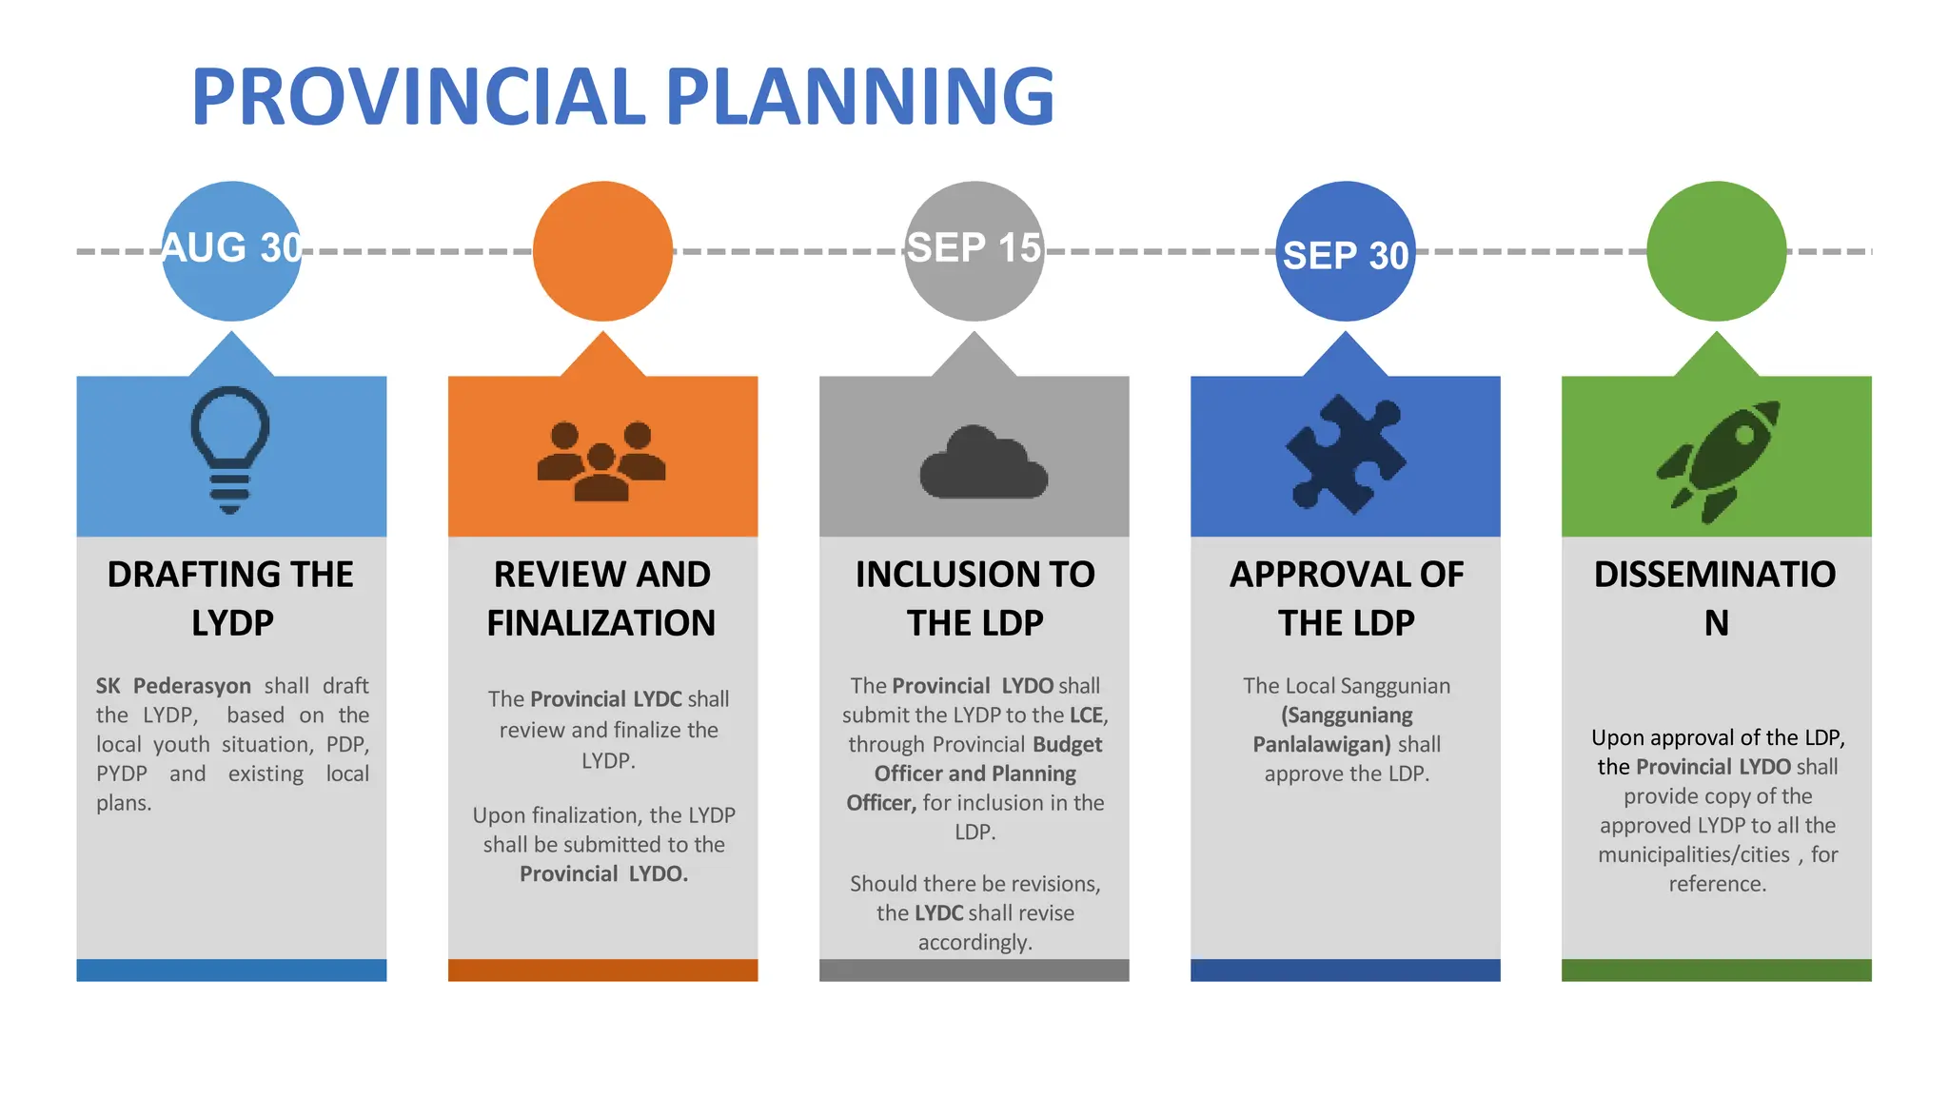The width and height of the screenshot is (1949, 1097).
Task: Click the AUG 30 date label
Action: click(x=231, y=248)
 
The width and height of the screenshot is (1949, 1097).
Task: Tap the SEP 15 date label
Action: click(x=974, y=248)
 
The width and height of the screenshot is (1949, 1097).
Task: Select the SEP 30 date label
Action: click(x=1345, y=255)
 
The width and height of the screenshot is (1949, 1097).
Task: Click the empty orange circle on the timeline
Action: click(x=602, y=251)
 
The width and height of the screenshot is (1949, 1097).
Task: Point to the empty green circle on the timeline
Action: click(x=1716, y=251)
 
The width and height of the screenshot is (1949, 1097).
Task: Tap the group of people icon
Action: click(x=601, y=460)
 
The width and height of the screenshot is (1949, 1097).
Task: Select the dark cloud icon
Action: click(x=983, y=464)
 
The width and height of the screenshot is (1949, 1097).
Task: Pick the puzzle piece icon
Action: click(x=1345, y=454)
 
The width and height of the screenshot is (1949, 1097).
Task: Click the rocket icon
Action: click(x=1719, y=460)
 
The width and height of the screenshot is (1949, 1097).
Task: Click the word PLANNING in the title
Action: click(x=859, y=97)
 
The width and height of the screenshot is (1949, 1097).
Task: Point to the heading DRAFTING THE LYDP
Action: click(x=231, y=597)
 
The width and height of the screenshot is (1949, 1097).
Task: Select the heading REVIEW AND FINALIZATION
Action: click(x=601, y=597)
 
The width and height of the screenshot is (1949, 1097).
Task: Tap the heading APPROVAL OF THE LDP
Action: click(x=1346, y=597)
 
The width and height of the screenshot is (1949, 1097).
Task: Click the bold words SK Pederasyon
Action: click(x=173, y=686)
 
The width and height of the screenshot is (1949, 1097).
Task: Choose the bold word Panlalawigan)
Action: click(x=1322, y=744)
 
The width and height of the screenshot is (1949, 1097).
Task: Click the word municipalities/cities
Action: click(x=1694, y=854)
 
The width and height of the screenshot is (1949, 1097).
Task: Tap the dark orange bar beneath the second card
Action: click(x=602, y=970)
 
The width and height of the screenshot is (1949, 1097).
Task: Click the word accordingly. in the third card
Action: click(x=974, y=942)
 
